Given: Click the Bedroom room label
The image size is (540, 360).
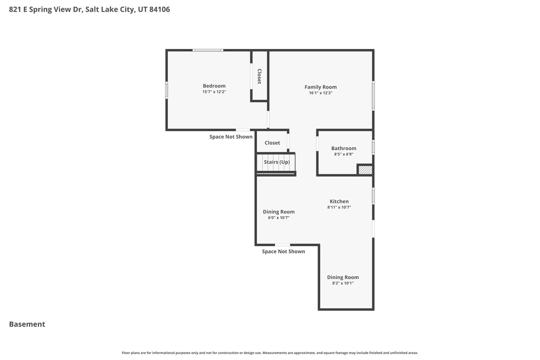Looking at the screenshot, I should click(x=214, y=86).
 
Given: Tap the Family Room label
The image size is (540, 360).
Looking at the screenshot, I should click(x=321, y=87).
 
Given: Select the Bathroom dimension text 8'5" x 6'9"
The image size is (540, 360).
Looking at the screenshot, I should click(x=344, y=154).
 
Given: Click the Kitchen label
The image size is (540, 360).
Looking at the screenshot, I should click(x=339, y=201).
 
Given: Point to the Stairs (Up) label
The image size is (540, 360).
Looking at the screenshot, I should click(x=277, y=162).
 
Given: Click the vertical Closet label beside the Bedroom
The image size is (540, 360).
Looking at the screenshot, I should click(x=259, y=76).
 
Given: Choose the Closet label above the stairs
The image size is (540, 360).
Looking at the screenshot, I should click(x=273, y=143).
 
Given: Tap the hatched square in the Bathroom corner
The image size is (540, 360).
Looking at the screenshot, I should click(x=365, y=170).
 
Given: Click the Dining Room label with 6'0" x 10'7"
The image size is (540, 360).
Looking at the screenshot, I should click(x=279, y=212).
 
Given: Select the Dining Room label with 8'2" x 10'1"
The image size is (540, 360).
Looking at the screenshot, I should click(x=343, y=277).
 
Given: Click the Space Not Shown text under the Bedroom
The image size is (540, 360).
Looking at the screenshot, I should click(x=231, y=137).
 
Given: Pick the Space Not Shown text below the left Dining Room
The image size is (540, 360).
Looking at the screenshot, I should click(x=284, y=251).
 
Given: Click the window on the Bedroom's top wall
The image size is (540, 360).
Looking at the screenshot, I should click(x=208, y=50).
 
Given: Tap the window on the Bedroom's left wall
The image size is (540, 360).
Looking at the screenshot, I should click(x=167, y=90).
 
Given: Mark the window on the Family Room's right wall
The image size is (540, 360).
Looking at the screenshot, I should click(x=373, y=95).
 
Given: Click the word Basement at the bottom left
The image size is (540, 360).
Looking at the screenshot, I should click(x=27, y=324).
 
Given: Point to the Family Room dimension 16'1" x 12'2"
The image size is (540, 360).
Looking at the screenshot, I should click(x=321, y=93).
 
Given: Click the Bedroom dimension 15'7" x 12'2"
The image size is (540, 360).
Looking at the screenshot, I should click(x=214, y=92).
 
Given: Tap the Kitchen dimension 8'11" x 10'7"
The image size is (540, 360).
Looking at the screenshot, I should click(x=339, y=207).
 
